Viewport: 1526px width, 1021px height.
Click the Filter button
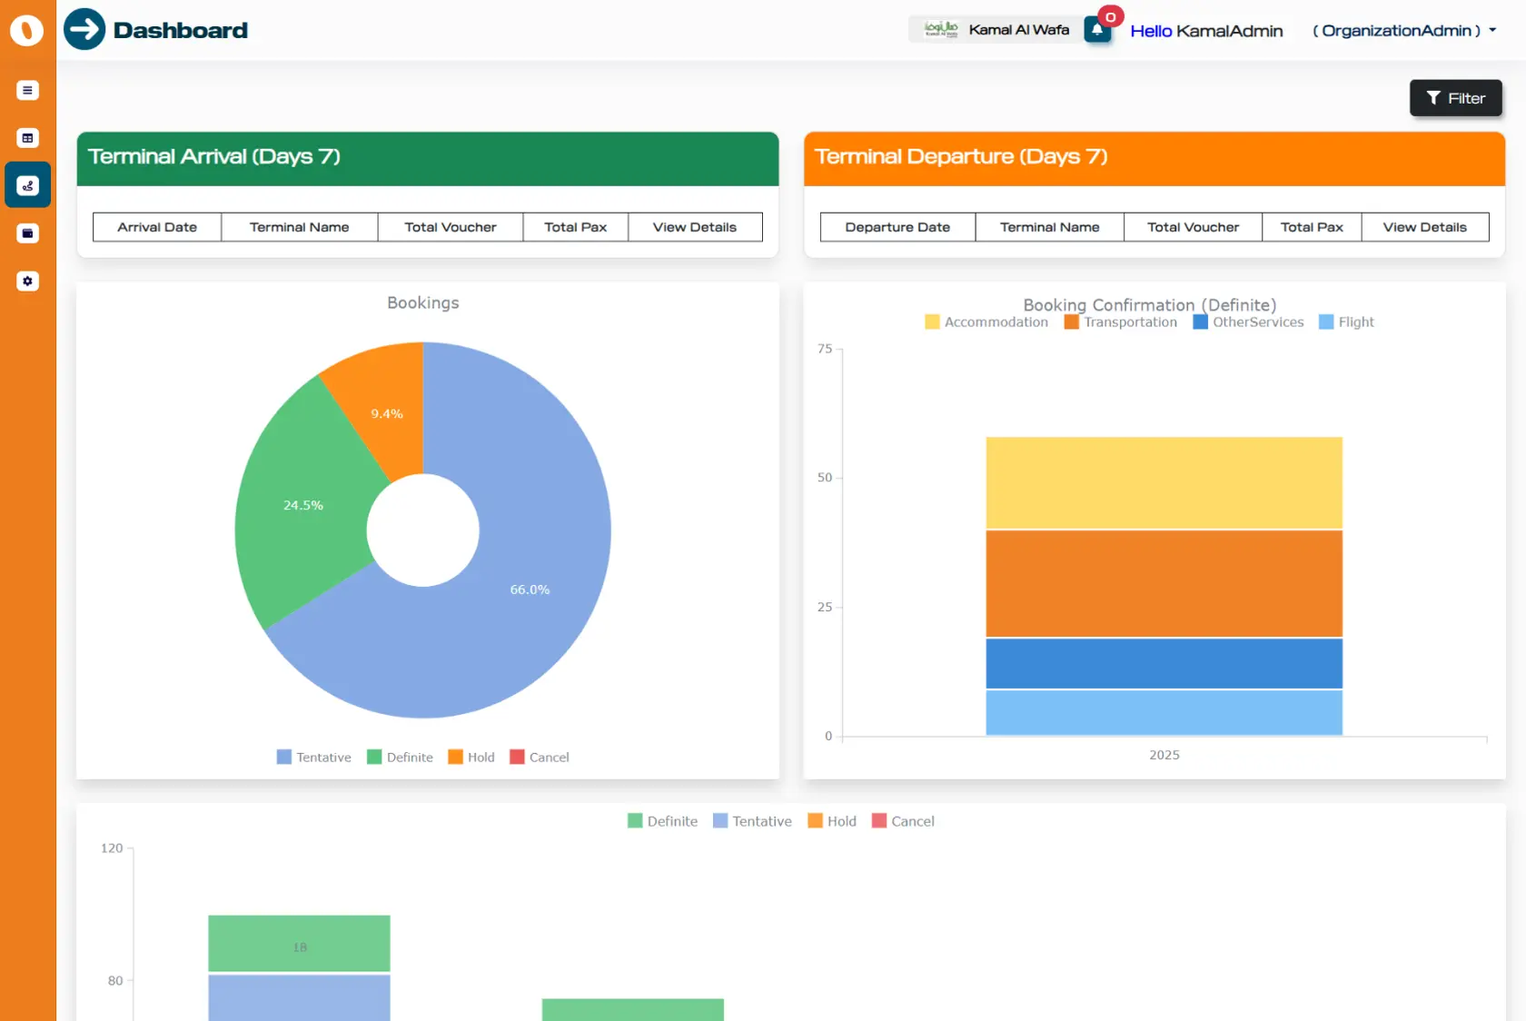(x=1455, y=98)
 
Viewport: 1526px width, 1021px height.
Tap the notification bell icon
(x=1097, y=30)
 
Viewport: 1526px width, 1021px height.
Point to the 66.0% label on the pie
(x=530, y=590)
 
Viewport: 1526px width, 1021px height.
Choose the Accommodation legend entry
(x=986, y=322)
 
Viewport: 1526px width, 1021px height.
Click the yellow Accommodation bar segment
(x=1164, y=482)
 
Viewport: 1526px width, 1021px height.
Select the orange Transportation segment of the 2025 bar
(x=1164, y=583)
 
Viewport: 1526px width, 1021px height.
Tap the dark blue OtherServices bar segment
(x=1164, y=663)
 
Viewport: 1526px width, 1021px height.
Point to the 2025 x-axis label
(x=1164, y=755)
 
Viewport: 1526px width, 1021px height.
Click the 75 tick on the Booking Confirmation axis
(x=824, y=349)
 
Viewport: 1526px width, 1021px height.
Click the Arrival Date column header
(x=157, y=227)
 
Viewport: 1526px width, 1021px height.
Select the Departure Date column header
(x=897, y=227)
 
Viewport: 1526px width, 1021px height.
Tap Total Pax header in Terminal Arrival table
(x=575, y=227)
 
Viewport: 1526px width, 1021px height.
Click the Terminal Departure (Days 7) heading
(x=961, y=157)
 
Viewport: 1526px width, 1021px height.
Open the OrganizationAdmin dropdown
(x=1404, y=31)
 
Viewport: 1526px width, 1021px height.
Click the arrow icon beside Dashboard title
(x=84, y=29)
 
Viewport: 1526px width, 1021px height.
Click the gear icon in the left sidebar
(x=27, y=282)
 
